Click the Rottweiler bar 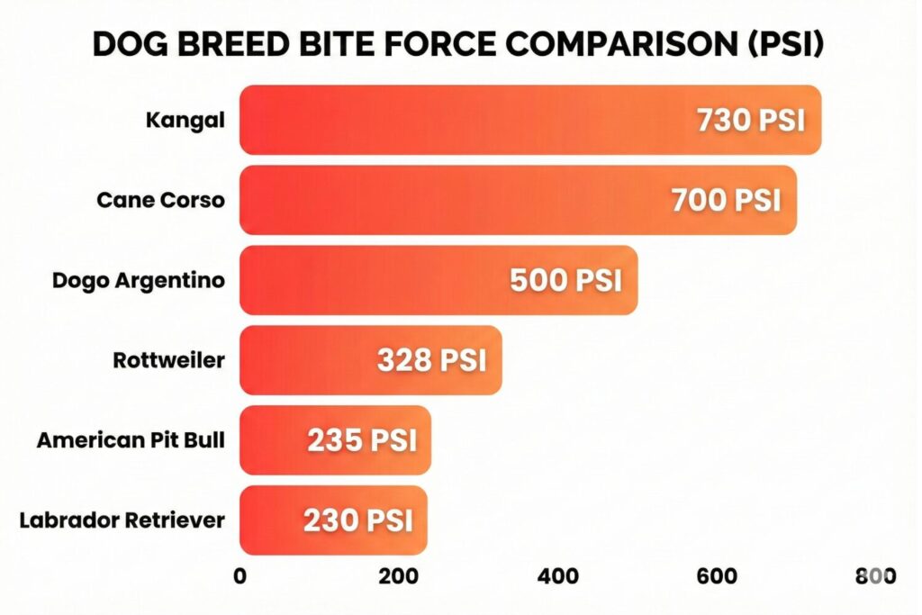(306, 360)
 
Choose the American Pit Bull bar (270, 440)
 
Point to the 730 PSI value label (751, 121)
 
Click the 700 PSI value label (726, 201)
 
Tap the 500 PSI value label (565, 281)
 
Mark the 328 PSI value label (431, 361)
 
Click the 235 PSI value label (362, 441)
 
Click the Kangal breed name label (185, 121)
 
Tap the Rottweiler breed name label (168, 361)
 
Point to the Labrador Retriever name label (121, 520)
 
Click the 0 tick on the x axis (240, 577)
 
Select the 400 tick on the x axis (558, 577)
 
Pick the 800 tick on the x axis (875, 577)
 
